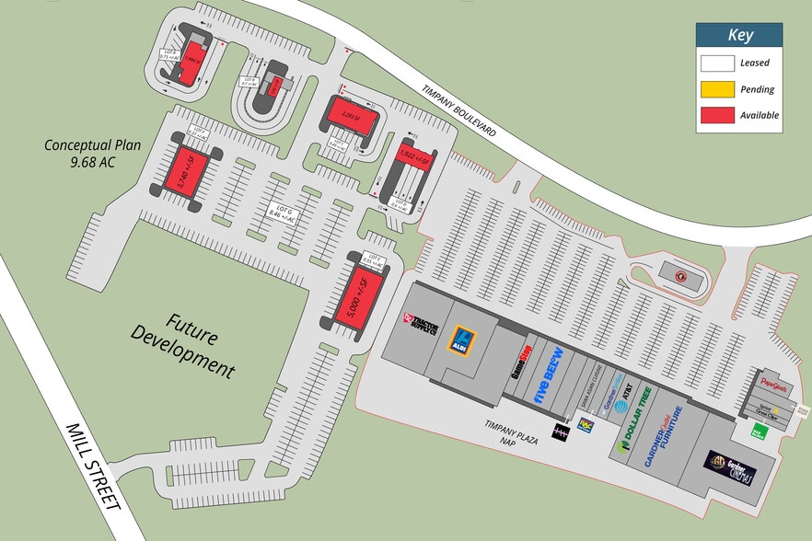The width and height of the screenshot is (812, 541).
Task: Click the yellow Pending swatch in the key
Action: click(x=717, y=89)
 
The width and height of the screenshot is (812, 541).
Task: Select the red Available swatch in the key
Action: click(x=717, y=115)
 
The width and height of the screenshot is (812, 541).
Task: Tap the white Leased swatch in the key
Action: click(x=717, y=63)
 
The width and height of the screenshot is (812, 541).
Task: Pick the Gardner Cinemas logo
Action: click(x=731, y=466)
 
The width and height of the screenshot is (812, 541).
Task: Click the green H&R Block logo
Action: click(x=761, y=430)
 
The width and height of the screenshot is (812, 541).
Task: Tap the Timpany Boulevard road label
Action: click(x=459, y=112)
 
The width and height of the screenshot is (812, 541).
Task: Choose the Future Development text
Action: click(x=184, y=344)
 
